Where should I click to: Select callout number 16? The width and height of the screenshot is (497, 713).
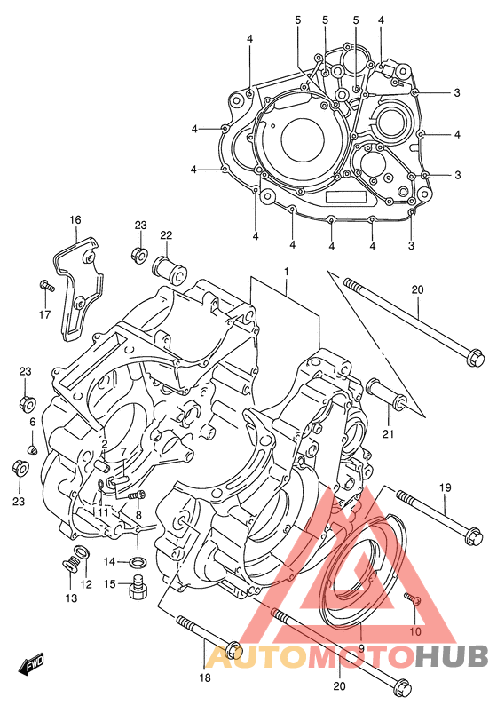75,220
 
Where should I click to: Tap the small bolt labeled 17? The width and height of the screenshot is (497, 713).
47,286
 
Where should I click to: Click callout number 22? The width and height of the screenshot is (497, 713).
166,235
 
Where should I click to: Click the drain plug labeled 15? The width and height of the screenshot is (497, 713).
137,588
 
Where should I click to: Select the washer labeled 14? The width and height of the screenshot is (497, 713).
138,562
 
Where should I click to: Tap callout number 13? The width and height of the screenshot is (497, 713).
71,598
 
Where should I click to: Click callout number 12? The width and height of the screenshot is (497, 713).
86,584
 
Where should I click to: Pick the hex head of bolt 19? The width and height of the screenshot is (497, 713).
474,536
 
